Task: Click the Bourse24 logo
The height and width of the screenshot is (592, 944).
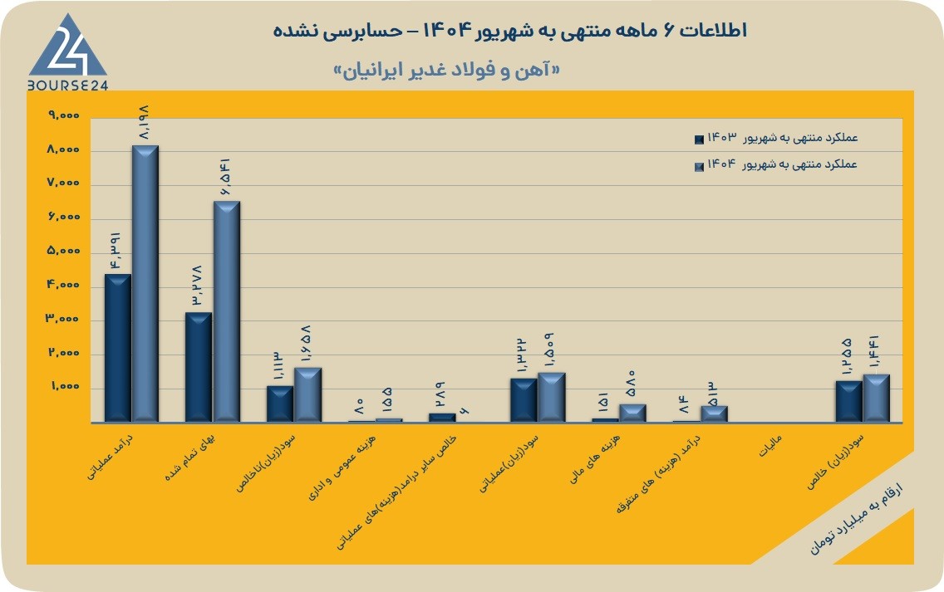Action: (x=67, y=53)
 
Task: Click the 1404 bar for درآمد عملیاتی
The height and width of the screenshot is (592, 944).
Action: (x=145, y=283)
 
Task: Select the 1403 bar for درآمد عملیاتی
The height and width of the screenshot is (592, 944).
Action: (x=117, y=348)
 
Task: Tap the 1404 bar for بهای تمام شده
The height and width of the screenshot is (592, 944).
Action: (x=226, y=311)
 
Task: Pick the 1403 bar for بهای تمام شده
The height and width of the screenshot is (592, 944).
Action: (x=199, y=367)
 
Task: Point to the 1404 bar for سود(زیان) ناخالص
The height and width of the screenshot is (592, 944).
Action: (x=307, y=394)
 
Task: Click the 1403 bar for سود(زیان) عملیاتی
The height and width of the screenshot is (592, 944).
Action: (x=524, y=400)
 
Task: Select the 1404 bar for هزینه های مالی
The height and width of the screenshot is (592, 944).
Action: (x=632, y=413)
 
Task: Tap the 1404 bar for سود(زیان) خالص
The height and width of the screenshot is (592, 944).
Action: (x=876, y=399)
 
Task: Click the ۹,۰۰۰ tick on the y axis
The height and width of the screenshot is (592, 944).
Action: (x=64, y=115)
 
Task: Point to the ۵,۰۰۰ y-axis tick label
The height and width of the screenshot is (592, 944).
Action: (x=64, y=250)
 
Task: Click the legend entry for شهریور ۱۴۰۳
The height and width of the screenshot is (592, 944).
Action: (x=776, y=138)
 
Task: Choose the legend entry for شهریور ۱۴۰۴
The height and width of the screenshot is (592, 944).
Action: (x=776, y=164)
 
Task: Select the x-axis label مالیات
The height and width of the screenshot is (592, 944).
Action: (x=770, y=446)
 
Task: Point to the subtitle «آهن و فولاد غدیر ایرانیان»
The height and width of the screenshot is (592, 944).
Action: (x=446, y=71)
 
